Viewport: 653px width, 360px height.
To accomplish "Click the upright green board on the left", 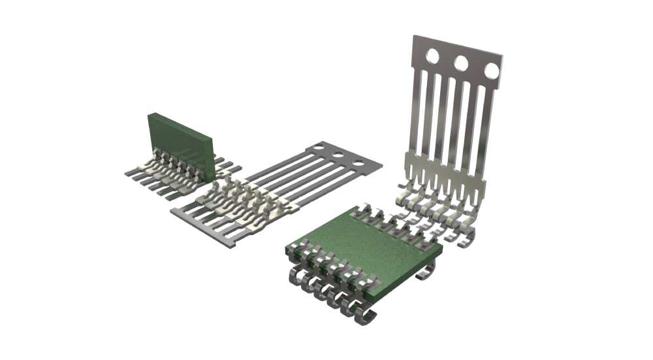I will pyautogui.click(x=180, y=145).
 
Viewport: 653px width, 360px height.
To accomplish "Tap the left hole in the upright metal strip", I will pyautogui.click(x=432, y=57).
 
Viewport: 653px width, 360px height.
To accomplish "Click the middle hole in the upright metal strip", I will pyautogui.click(x=461, y=63).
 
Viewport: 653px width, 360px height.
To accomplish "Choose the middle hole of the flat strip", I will pyautogui.click(x=339, y=155).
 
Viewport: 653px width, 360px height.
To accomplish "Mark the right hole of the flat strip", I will pyautogui.click(x=358, y=162).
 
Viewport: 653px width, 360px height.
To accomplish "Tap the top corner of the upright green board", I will pyautogui.click(x=150, y=114).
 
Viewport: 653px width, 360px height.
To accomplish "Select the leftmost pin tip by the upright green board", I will pyautogui.click(x=128, y=174).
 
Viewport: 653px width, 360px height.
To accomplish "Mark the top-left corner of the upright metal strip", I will pyautogui.click(x=414, y=37).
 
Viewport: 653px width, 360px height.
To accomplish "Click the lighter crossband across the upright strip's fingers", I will pyautogui.click(x=444, y=170).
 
